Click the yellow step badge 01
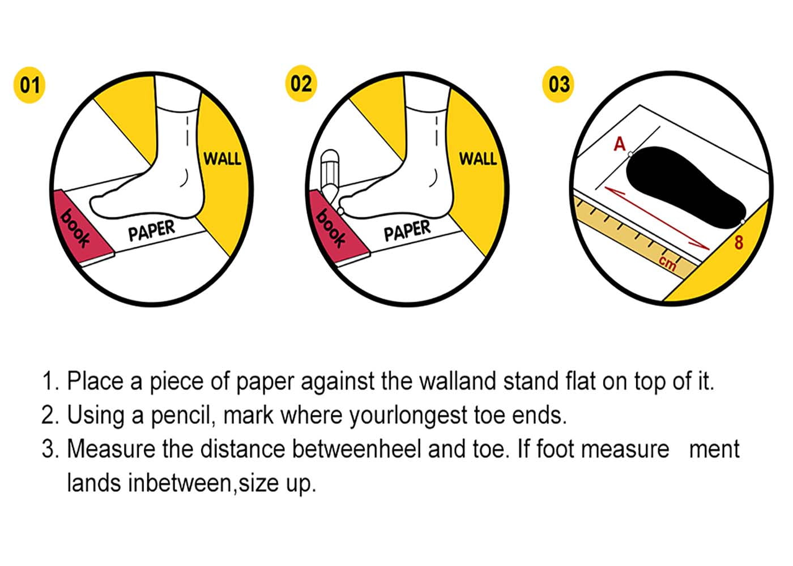pos(29,85)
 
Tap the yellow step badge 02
pos(301,84)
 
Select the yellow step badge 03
pos(558,84)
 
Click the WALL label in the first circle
pos(222,158)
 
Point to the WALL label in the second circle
pos(478,158)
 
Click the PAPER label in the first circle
pos(152,230)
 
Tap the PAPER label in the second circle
pos(407,230)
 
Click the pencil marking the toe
pos(331,181)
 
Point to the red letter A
pos(620,144)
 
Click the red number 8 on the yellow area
pos(739,242)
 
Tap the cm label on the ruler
pos(668,263)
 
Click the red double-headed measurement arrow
pos(657,218)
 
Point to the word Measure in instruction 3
pos(111,449)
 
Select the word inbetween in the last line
pos(180,482)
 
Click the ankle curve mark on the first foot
pos(185,178)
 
